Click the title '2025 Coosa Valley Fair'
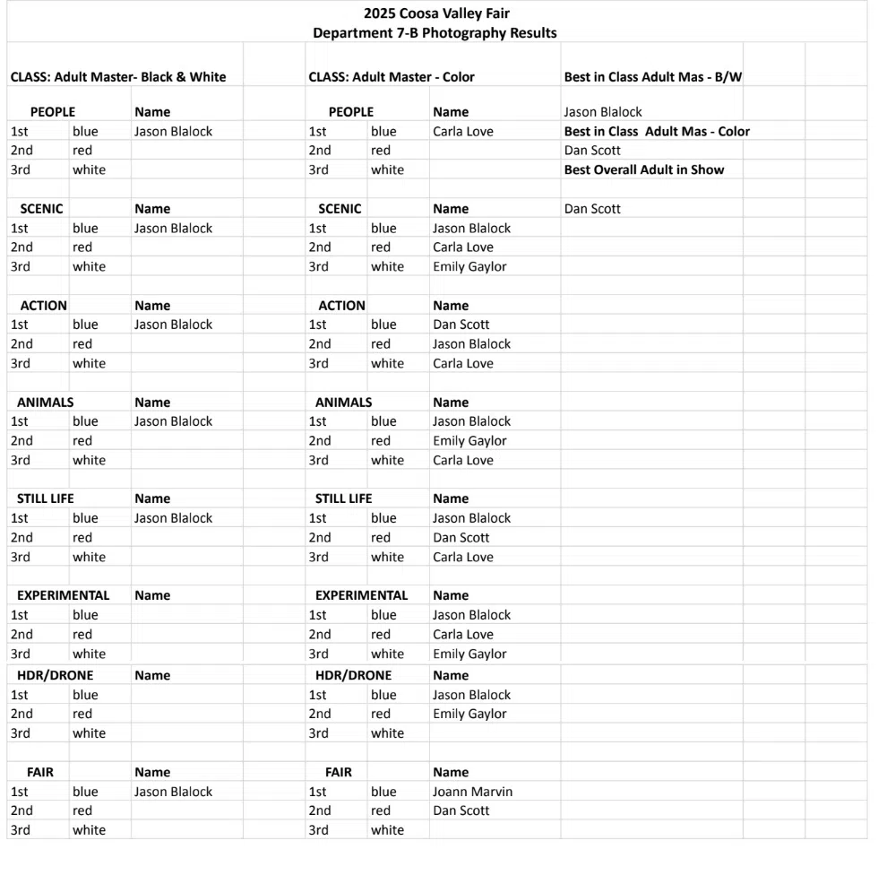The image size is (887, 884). click(436, 13)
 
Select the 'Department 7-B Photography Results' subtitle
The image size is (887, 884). click(435, 33)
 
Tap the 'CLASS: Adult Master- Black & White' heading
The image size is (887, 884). click(118, 77)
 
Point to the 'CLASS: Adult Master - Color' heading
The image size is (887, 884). click(392, 77)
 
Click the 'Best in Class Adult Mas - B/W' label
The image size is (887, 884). click(652, 77)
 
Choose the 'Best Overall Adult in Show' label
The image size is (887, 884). click(643, 169)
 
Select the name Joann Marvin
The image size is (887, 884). click(472, 792)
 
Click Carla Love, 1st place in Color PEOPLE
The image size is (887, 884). click(462, 131)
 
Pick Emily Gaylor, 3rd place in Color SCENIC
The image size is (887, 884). click(469, 266)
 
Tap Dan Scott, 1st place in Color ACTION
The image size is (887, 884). click(461, 325)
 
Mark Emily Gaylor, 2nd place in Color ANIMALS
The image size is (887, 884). click(469, 441)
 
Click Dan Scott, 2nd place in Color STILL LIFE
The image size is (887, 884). click(461, 538)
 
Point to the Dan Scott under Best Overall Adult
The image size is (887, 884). click(592, 209)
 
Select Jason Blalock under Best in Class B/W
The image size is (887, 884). click(603, 112)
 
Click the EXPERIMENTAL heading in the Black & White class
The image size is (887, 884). click(63, 595)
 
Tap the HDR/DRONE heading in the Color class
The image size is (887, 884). click(353, 675)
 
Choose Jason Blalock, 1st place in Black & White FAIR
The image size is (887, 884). click(173, 792)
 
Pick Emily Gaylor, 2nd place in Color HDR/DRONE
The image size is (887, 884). click(469, 714)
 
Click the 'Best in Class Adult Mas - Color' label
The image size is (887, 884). click(657, 131)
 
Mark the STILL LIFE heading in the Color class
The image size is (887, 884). click(343, 498)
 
